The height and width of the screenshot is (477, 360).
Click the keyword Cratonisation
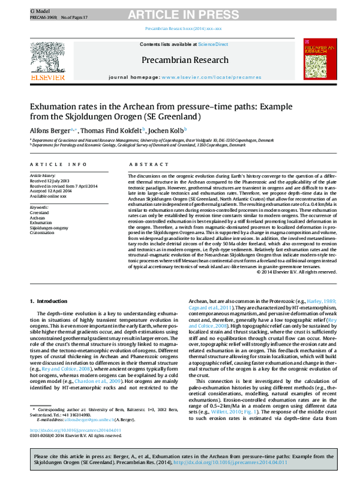(x=43, y=233)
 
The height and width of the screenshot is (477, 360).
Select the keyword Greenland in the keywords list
(x=39, y=212)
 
